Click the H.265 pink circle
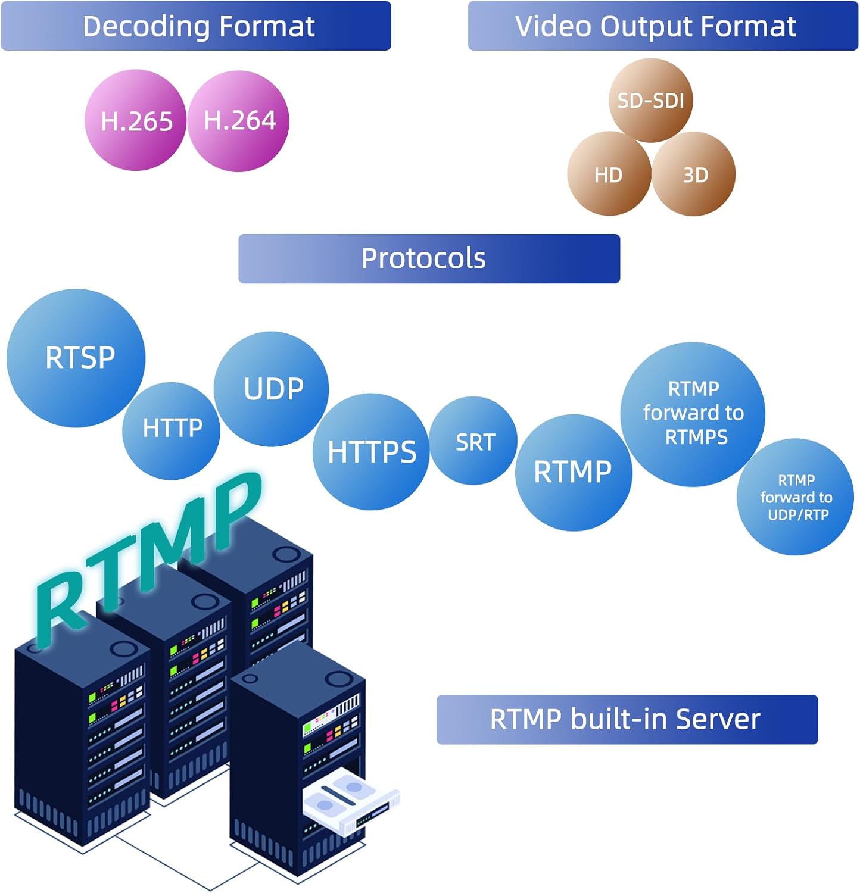tap(136, 121)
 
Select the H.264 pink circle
tap(239, 121)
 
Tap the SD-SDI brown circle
tap(650, 101)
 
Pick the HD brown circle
tap(609, 174)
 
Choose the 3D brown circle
tap(694, 174)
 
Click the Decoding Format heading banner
tap(196, 26)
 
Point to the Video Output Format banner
tap(662, 26)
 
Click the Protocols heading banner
tap(429, 258)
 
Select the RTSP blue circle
tap(76, 358)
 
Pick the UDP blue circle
tap(272, 389)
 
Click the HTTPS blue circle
tap(371, 451)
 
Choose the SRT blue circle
tap(473, 441)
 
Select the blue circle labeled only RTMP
tap(573, 472)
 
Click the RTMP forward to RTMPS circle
tap(693, 414)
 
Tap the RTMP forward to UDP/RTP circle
tap(796, 497)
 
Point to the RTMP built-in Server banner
tap(627, 719)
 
